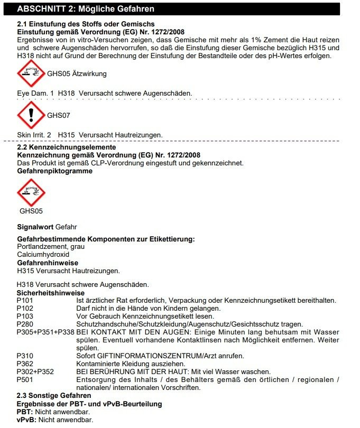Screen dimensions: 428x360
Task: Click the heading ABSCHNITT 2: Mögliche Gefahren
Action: click(x=86, y=9)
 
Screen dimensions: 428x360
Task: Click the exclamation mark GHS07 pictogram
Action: click(x=31, y=115)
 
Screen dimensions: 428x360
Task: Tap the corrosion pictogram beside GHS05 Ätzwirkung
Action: click(x=31, y=73)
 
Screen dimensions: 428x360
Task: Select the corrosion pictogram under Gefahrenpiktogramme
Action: click(x=31, y=193)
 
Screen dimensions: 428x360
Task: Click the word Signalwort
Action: click(x=35, y=226)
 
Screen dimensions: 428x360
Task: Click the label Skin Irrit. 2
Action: click(x=34, y=135)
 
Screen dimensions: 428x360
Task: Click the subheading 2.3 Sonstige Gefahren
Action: click(x=54, y=396)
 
